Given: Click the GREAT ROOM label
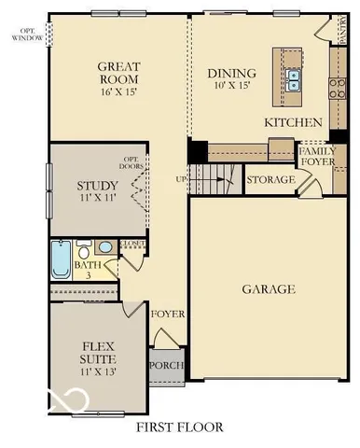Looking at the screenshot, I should pos(119,73).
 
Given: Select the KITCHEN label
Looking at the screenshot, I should pos(293,122).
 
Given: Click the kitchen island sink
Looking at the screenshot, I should pos(293,80).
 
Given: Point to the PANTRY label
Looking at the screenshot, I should pos(343,28).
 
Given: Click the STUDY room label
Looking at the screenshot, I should pos(97,185).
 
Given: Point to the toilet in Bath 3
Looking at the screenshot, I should pos(85,250).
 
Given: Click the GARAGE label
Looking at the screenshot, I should pos(269,289).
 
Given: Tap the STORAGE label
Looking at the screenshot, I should pos(270,177).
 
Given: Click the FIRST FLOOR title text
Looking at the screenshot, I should pos(180,427).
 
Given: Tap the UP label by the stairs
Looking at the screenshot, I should pos(183,177).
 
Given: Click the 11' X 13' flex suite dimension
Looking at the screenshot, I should pos(97,371).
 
